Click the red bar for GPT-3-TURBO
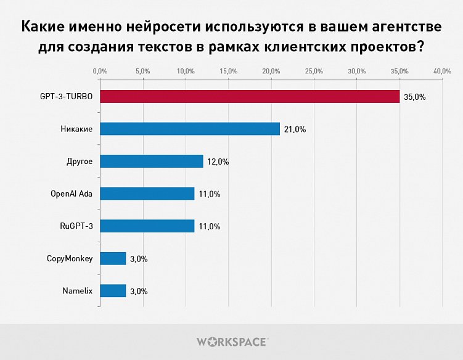250,97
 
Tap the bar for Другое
151,162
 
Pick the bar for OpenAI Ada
147,194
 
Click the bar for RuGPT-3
147,226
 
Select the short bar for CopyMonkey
113,258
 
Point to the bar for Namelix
113,291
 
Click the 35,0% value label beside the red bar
414,97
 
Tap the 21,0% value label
295,129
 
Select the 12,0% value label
218,162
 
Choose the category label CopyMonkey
70,258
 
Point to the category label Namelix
77,291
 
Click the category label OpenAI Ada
71,194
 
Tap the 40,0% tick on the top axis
442,72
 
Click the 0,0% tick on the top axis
100,72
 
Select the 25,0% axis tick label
314,72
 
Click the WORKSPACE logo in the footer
231,341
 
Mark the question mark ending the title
419,47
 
